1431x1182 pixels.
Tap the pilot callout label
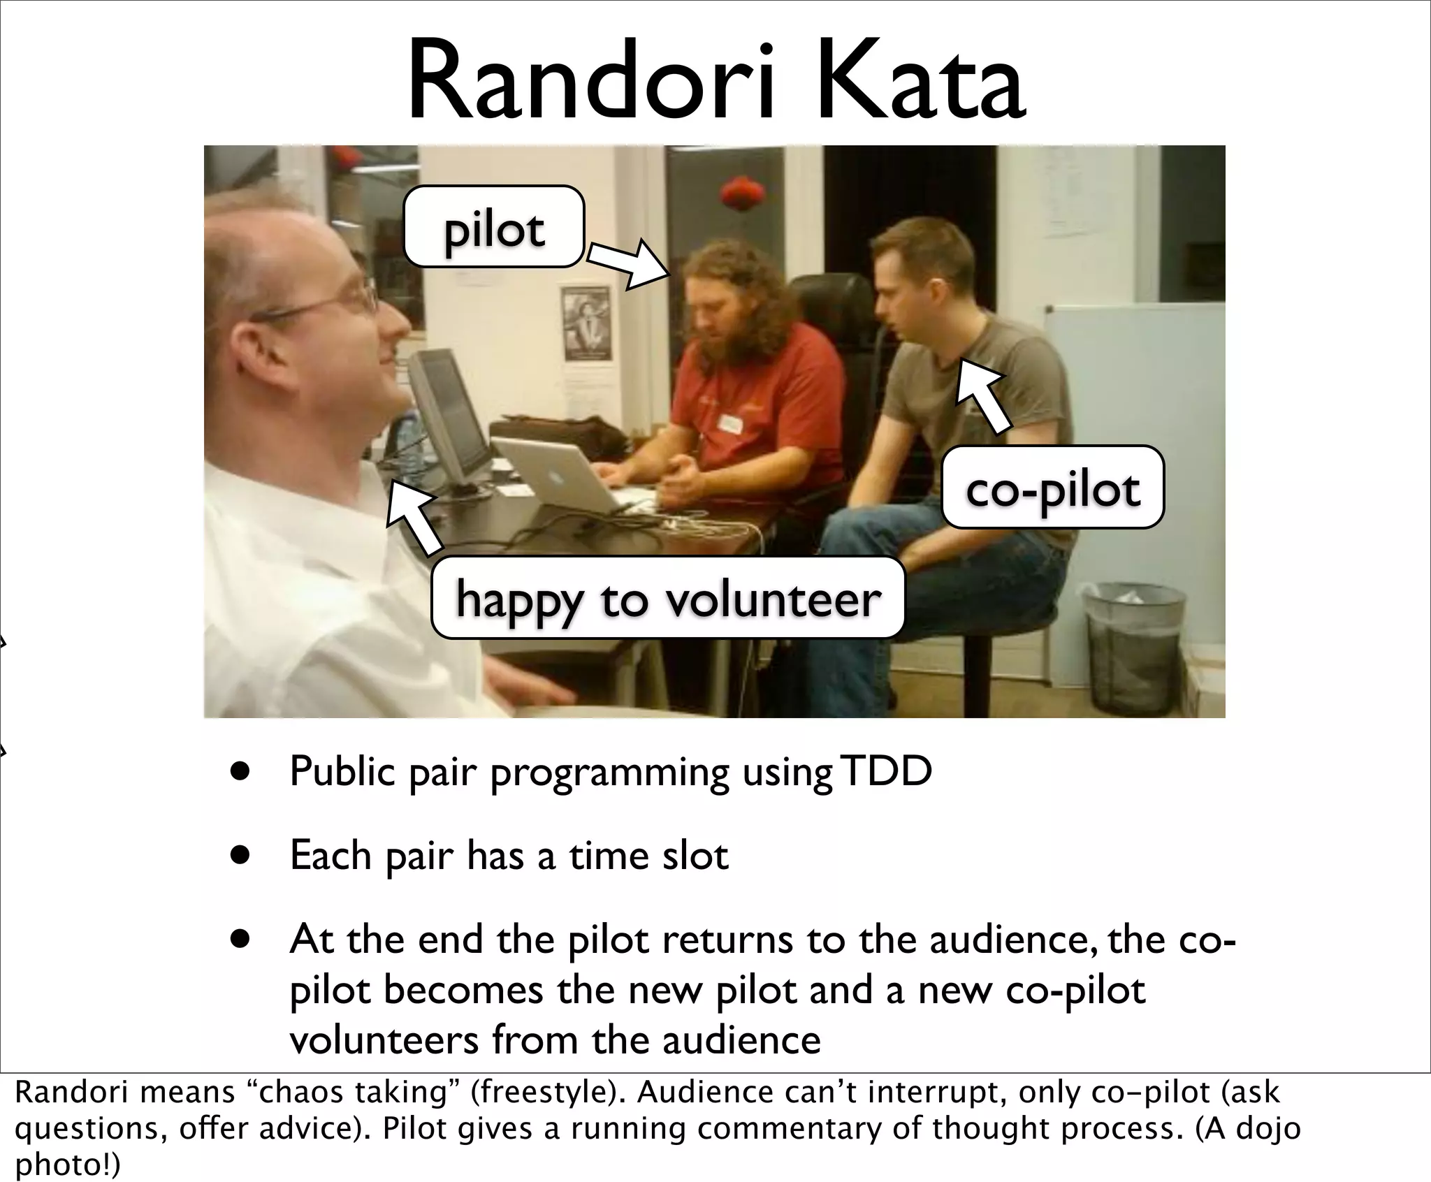494,227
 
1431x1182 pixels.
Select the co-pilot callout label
1052,487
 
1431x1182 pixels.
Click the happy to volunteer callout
668,598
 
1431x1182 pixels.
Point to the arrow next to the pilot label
627,264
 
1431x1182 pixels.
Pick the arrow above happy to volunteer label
414,516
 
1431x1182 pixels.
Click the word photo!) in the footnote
67,1164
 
